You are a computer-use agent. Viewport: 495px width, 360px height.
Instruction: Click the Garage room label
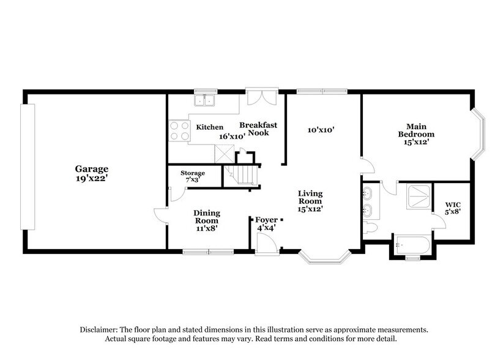pyautogui.click(x=92, y=168)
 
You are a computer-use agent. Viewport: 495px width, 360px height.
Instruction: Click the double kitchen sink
pyautogui.click(x=204, y=100)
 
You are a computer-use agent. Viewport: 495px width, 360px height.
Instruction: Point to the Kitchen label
pyautogui.click(x=209, y=127)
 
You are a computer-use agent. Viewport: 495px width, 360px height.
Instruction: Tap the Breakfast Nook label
pyautogui.click(x=258, y=129)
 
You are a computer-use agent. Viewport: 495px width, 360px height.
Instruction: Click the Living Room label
pyautogui.click(x=310, y=197)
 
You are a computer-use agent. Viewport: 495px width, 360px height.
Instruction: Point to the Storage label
pyautogui.click(x=192, y=173)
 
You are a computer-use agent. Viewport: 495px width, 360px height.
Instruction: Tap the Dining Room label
pyautogui.click(x=207, y=217)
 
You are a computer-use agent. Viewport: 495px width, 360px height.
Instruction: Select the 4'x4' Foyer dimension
pyautogui.click(x=267, y=227)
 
